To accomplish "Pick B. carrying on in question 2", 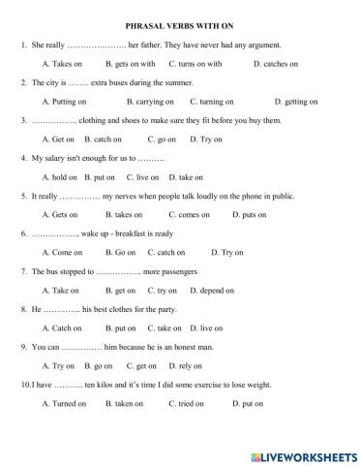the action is pyautogui.click(x=151, y=101).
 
